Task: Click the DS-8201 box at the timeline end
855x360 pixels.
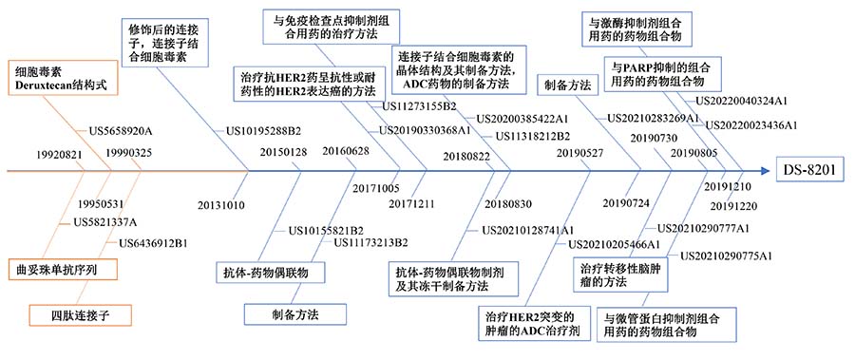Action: coord(810,170)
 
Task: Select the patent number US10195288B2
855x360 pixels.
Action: coord(263,130)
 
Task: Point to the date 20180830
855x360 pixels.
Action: coord(507,203)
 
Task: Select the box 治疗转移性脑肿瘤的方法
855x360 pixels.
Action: coord(619,275)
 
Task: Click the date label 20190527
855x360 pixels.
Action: coord(579,153)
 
